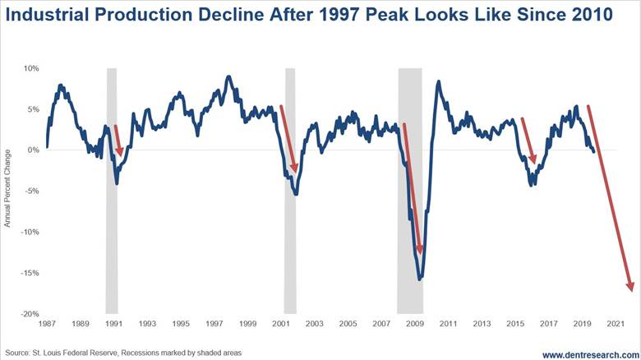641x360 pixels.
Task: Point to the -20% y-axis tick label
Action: coord(29,314)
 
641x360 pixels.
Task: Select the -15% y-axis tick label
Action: coord(29,273)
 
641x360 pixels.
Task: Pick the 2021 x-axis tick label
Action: coord(616,324)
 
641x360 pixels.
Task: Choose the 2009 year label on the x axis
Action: coord(413,324)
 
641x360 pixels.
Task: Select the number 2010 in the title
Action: coord(588,17)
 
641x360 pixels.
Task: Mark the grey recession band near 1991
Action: coord(112,189)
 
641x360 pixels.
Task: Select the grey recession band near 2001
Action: coord(290,189)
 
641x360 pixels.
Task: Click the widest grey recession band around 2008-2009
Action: coord(410,189)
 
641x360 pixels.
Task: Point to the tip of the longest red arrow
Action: coord(632,289)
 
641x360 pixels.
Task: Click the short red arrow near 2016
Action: coord(528,141)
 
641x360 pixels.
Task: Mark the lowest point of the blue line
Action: coord(421,279)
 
